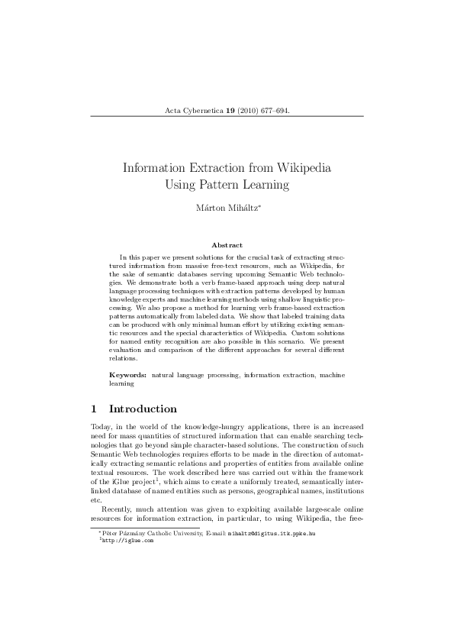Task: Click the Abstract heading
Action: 227,245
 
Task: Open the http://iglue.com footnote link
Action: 127,540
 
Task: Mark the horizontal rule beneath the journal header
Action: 227,117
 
